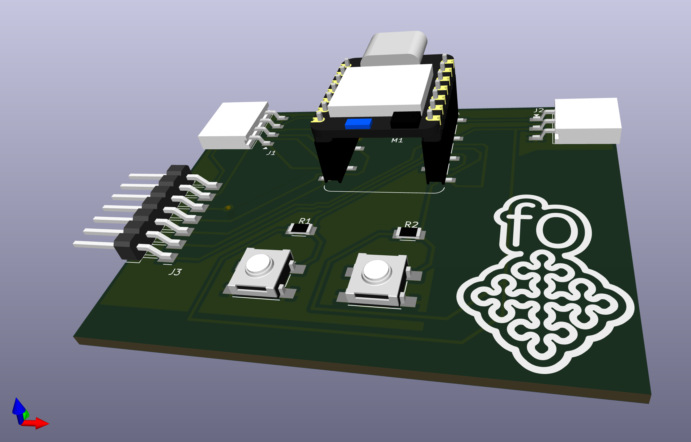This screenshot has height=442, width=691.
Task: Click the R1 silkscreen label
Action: pyautogui.click(x=305, y=221)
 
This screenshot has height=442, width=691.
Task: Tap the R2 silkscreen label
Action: pyautogui.click(x=412, y=224)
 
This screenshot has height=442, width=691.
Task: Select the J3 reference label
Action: pyautogui.click(x=175, y=272)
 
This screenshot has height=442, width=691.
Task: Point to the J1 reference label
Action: pyautogui.click(x=271, y=153)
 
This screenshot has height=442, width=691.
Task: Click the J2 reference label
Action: pyautogui.click(x=539, y=110)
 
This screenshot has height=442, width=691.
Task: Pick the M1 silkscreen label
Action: pyautogui.click(x=397, y=140)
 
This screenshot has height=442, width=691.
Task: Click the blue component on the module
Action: pyautogui.click(x=358, y=123)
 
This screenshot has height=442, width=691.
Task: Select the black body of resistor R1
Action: pyautogui.click(x=301, y=228)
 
